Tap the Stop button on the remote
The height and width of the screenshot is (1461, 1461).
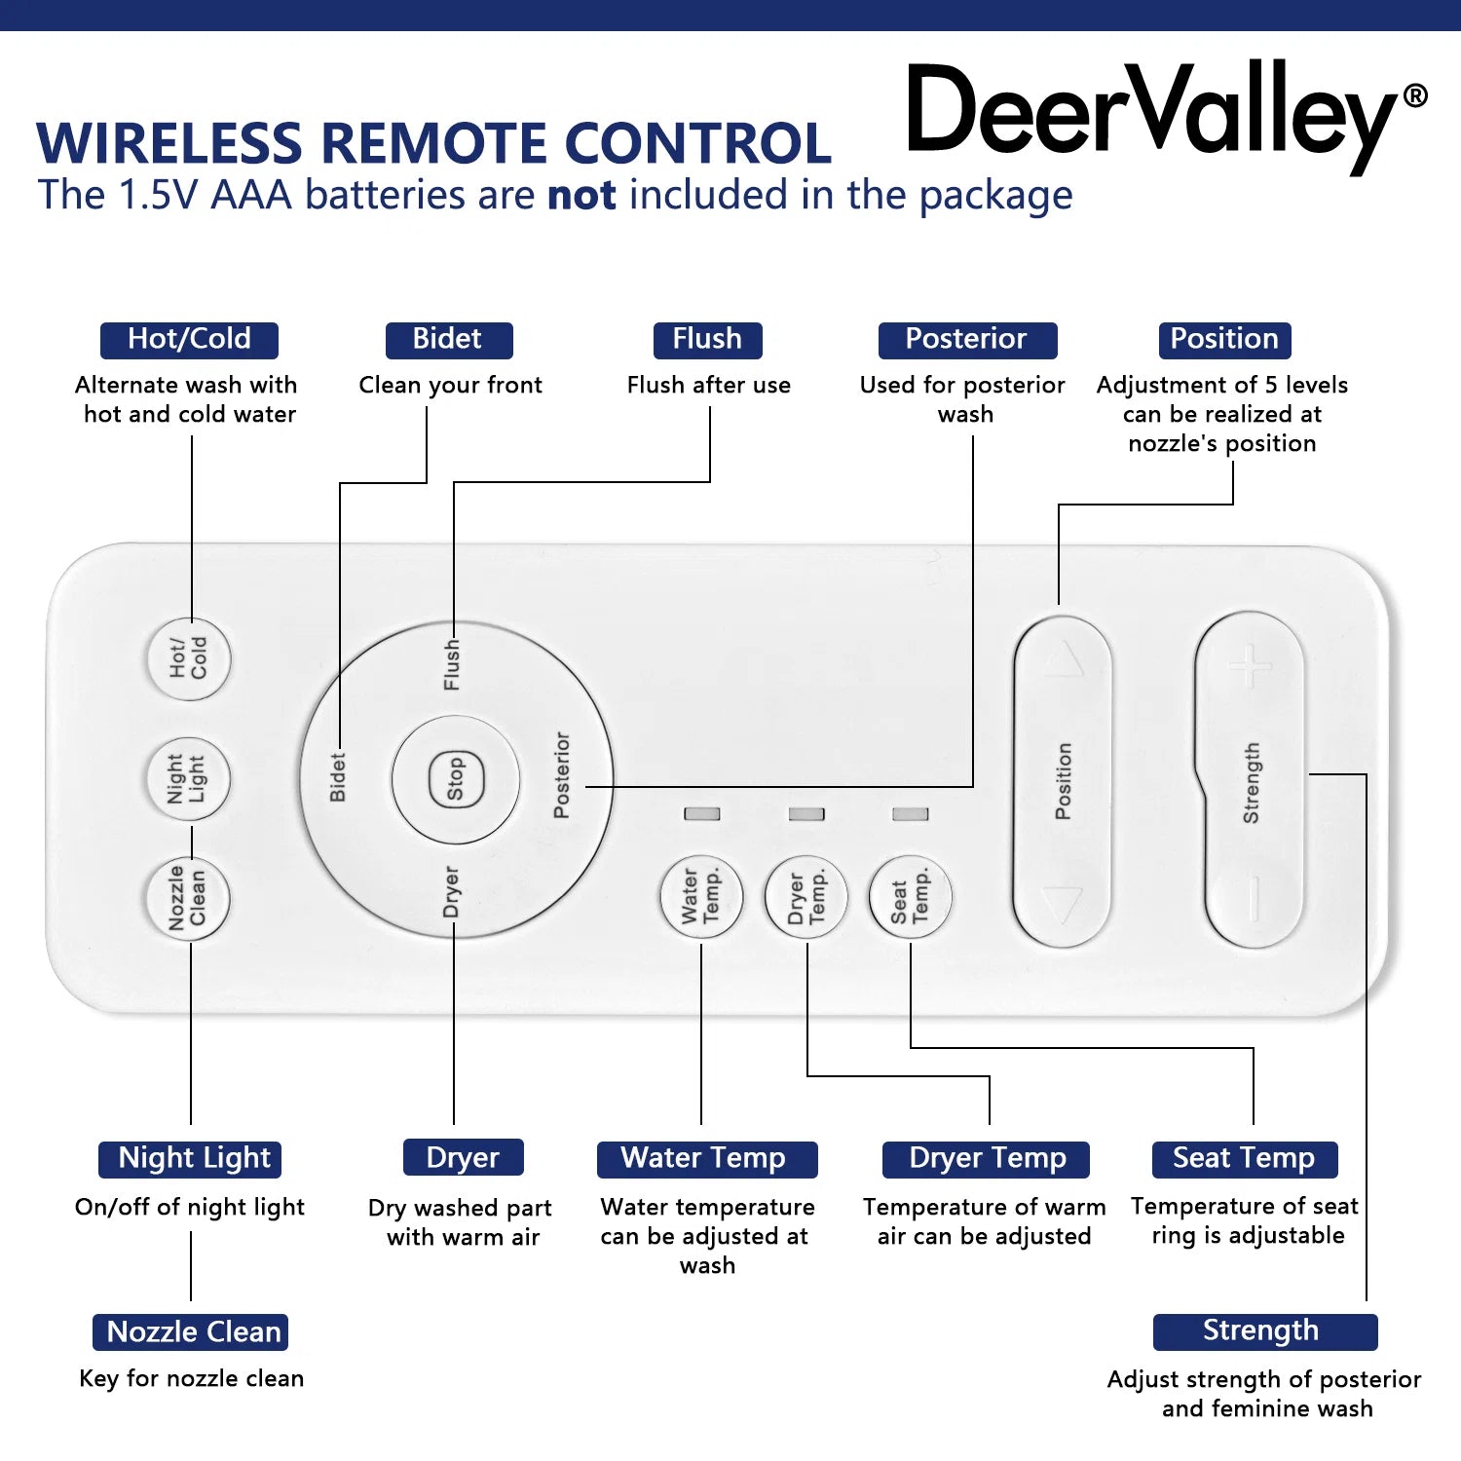(x=455, y=780)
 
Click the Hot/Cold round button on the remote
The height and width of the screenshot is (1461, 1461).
(x=189, y=658)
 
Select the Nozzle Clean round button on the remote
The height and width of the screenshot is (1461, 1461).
(x=188, y=898)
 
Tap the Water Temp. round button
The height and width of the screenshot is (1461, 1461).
(x=701, y=896)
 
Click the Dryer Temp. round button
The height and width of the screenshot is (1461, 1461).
(x=806, y=896)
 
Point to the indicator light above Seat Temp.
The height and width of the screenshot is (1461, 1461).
(x=911, y=813)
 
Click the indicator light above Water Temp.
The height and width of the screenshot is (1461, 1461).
(x=702, y=813)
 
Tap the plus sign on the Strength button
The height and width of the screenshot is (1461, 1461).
(x=1250, y=666)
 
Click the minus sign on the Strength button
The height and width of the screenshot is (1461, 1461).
(x=1254, y=898)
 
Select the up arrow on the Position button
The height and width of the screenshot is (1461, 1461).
(x=1064, y=659)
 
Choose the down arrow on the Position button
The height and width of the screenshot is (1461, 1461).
(x=1062, y=905)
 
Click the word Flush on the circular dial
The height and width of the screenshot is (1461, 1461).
(x=452, y=665)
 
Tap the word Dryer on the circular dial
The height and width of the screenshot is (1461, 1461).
(x=451, y=891)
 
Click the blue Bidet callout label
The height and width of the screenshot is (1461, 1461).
(x=449, y=340)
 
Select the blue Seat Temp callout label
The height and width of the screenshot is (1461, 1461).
(x=1244, y=1159)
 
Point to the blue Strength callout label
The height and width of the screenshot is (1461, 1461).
(x=1265, y=1331)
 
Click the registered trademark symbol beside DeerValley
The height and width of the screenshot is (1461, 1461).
(x=1415, y=95)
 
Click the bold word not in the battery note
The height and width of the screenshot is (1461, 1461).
(x=581, y=196)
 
